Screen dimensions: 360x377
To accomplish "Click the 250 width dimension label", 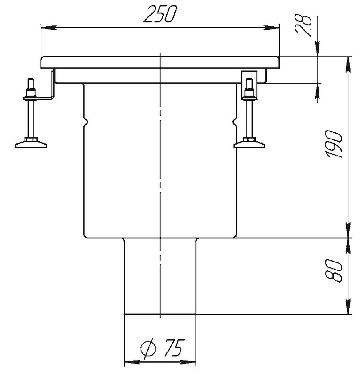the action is [x=160, y=14].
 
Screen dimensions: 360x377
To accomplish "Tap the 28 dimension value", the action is [x=303, y=26].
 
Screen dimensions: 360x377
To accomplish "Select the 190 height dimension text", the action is [x=334, y=144].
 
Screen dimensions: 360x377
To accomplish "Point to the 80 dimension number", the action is [x=334, y=270].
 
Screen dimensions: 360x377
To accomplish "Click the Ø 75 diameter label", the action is [x=163, y=347].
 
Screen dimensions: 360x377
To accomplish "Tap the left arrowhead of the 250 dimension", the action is [x=49, y=28].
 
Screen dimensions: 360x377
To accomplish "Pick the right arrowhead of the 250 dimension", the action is [x=272, y=28].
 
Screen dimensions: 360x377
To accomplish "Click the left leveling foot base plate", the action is [x=31, y=145].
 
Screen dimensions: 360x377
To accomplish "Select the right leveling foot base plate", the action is [x=249, y=145].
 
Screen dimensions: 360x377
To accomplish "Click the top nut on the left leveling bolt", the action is [x=31, y=92].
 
